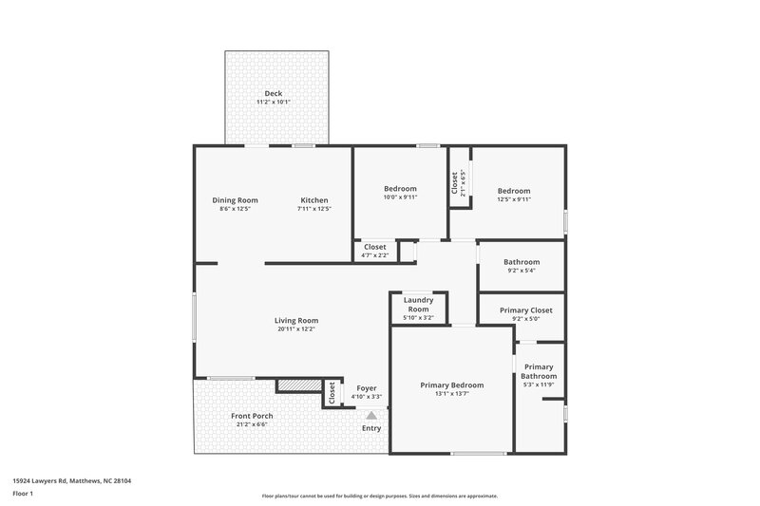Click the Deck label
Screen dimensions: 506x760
tap(274, 93)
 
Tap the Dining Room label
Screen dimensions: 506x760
tap(235, 200)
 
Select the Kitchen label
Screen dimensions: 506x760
tap(314, 200)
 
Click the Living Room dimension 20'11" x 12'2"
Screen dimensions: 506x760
tap(296, 329)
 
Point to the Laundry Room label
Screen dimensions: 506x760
tap(418, 305)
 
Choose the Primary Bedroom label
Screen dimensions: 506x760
tap(452, 384)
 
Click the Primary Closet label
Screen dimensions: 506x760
tap(525, 310)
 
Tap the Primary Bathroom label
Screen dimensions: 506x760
tap(539, 371)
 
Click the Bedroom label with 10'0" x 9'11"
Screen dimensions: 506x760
tap(400, 189)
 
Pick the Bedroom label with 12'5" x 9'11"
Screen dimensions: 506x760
tap(514, 191)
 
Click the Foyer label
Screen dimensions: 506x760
tap(367, 388)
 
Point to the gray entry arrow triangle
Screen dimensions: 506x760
tap(371, 415)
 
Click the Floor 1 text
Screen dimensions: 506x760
tap(23, 495)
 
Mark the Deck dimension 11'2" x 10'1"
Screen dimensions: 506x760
tap(274, 103)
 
